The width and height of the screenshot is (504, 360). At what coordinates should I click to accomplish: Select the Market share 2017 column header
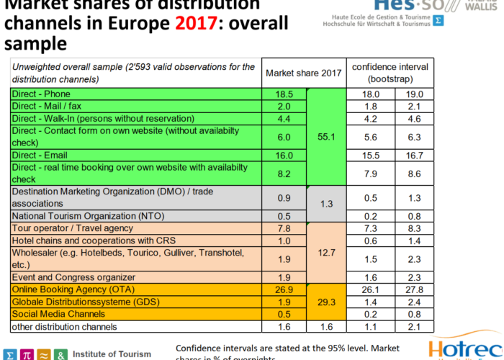tap(303, 73)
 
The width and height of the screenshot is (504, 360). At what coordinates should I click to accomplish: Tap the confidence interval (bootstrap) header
tap(390, 72)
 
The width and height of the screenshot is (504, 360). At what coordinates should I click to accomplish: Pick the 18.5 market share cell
tap(284, 94)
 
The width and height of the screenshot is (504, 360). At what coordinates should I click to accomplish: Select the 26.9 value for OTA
tap(284, 289)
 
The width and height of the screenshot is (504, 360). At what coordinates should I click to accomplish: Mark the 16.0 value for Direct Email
tap(284, 155)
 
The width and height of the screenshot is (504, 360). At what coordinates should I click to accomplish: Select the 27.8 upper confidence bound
tap(413, 289)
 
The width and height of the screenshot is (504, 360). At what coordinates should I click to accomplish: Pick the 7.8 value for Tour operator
tap(284, 228)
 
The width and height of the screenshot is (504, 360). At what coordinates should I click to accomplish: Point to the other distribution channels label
tap(64, 327)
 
